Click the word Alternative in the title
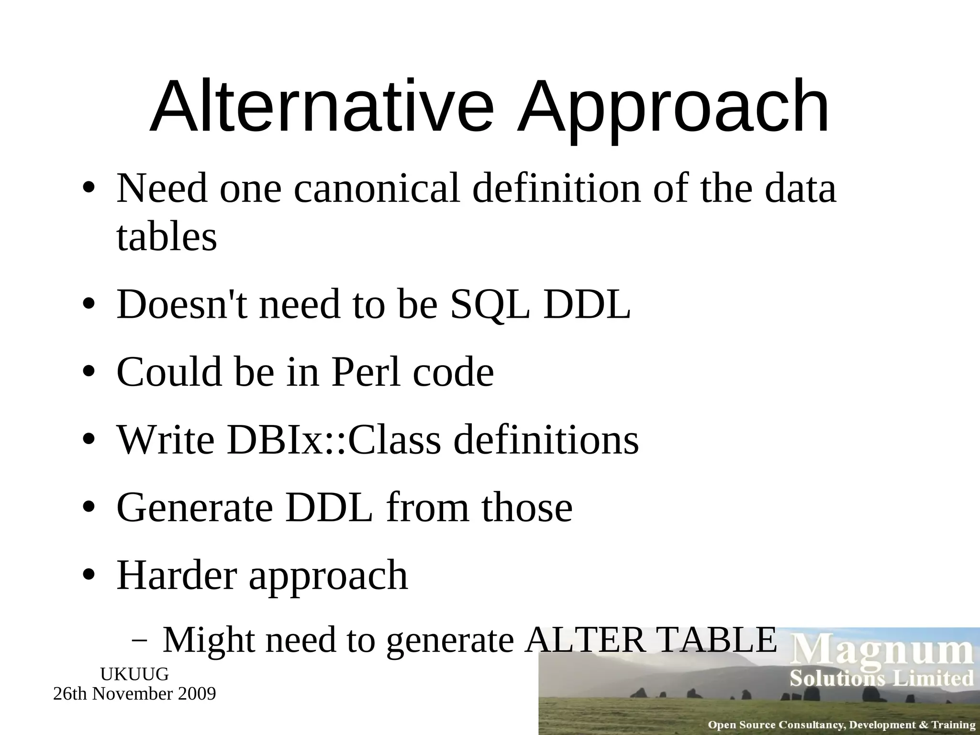[321, 106]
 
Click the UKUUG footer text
[134, 674]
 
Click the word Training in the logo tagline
[952, 725]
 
